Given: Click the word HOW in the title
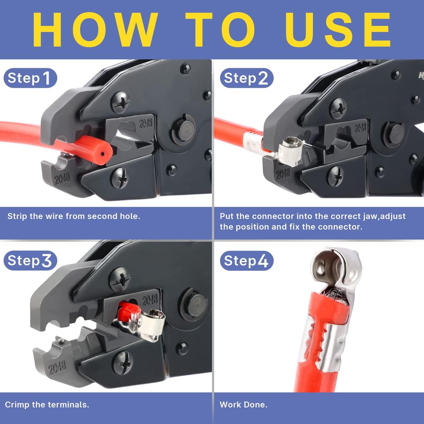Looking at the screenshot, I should tap(98, 30).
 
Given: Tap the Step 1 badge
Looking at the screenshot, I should tap(30, 78).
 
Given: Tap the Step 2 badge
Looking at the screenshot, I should tap(246, 78).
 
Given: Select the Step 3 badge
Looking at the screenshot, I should tap(30, 261).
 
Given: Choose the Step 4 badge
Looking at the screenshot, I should tap(246, 261).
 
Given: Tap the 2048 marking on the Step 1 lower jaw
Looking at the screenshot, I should tap(61, 178).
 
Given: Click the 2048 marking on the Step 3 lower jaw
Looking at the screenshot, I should tap(57, 367).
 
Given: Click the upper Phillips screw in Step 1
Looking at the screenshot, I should tap(120, 103).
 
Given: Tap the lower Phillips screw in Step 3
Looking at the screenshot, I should tap(123, 363).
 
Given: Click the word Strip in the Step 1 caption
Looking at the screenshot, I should tap(17, 216).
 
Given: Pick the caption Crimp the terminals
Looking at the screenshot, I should tap(47, 405).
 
